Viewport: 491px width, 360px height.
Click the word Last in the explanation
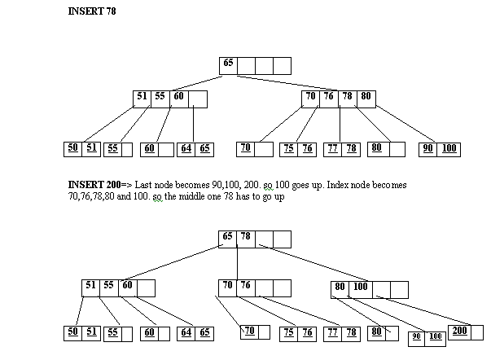click(x=142, y=186)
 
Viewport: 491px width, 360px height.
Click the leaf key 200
click(x=459, y=331)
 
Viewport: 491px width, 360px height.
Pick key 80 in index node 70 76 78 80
click(x=366, y=97)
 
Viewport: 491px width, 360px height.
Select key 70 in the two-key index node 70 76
click(x=229, y=286)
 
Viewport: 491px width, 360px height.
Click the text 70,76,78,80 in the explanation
click(x=94, y=197)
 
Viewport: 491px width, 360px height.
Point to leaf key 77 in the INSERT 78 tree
click(x=331, y=149)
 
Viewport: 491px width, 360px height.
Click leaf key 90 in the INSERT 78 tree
click(x=428, y=149)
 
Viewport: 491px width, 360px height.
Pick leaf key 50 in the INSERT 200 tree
click(x=72, y=332)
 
